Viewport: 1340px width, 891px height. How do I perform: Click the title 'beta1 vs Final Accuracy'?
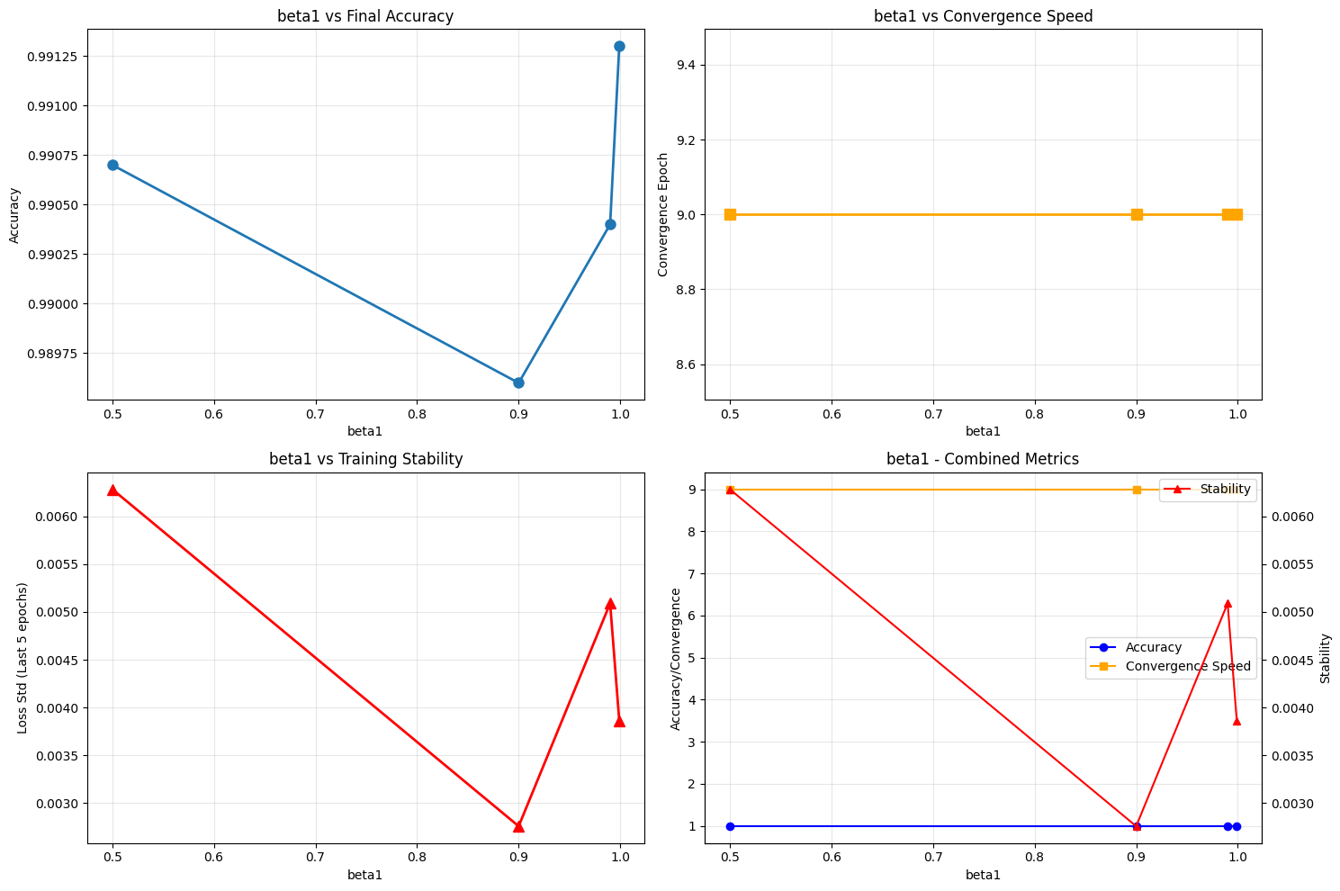point(365,15)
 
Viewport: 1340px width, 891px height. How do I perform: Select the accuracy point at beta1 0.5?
point(112,165)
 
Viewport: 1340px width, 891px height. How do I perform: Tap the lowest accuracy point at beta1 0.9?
point(518,382)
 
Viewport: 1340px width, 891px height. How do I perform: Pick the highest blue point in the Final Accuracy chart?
point(619,46)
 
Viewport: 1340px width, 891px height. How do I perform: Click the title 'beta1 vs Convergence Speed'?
point(983,15)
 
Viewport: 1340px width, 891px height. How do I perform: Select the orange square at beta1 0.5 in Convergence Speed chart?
point(730,214)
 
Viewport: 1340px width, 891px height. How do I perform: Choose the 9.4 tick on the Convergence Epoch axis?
point(688,65)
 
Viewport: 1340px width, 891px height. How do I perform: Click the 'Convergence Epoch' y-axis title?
point(663,214)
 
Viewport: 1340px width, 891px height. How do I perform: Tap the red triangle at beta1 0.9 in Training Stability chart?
point(518,826)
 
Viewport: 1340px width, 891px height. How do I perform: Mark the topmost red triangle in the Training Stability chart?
point(112,490)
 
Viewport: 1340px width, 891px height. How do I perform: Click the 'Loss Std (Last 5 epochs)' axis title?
point(22,658)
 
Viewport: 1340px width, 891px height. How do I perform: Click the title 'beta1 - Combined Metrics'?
point(983,459)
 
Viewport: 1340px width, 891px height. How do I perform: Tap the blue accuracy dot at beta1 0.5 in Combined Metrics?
point(730,826)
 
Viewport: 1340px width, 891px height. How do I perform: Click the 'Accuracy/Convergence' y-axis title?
point(676,658)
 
